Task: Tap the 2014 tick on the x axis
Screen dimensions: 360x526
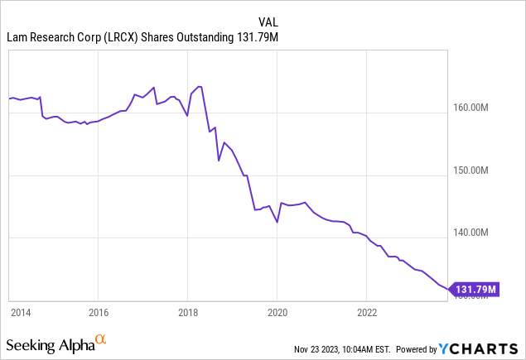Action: [20, 313]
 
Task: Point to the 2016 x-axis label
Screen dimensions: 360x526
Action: [98, 313]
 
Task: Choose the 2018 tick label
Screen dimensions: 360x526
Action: [188, 313]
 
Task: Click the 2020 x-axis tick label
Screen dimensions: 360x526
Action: [277, 313]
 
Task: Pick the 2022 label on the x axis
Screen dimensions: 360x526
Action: [367, 313]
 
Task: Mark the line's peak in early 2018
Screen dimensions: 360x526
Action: [200, 87]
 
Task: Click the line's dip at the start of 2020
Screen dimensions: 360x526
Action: [277, 222]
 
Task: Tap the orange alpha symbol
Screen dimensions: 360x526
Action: [101, 340]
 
